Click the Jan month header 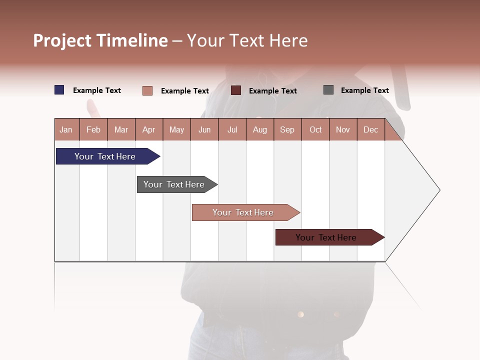(x=66, y=129)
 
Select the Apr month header (x=149, y=129)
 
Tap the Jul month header (x=232, y=129)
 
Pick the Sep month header (x=287, y=129)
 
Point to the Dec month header (x=370, y=129)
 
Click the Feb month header (x=93, y=129)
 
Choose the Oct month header (x=315, y=129)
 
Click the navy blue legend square (x=59, y=90)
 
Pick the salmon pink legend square (x=147, y=90)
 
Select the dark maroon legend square (x=236, y=90)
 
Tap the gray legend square (x=328, y=90)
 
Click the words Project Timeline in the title (x=100, y=40)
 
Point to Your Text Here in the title (x=247, y=40)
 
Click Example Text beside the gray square (x=364, y=90)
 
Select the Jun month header (x=204, y=129)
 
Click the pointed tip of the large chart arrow (x=438, y=190)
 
